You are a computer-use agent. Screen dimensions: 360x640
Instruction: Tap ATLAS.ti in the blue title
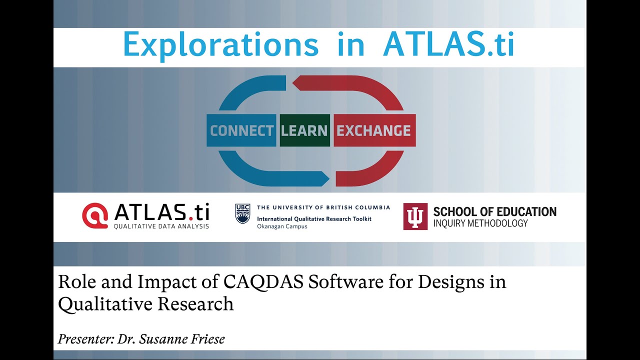pos(448,45)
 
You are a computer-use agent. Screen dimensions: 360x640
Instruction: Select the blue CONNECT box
pos(241,131)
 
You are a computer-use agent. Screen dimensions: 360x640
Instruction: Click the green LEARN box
pos(304,131)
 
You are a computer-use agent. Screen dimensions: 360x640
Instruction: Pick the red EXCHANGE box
pos(373,131)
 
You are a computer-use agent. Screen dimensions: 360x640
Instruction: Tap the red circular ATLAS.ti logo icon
pos(95,215)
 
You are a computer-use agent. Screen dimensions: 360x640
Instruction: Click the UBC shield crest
pos(242,213)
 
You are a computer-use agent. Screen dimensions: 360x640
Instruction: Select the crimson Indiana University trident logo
pos(415,216)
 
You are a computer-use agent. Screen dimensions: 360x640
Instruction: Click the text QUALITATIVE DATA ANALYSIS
pos(161,226)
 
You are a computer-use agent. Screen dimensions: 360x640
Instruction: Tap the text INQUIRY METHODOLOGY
pos(480,223)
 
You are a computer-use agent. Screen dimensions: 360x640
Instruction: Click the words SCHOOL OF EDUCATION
pos(494,211)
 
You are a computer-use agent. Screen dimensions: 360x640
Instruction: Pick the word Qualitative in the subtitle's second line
pos(102,304)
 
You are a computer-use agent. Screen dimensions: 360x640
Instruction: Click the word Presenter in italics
pos(85,339)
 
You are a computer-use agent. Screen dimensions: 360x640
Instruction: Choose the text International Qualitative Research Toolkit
pos(314,219)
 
